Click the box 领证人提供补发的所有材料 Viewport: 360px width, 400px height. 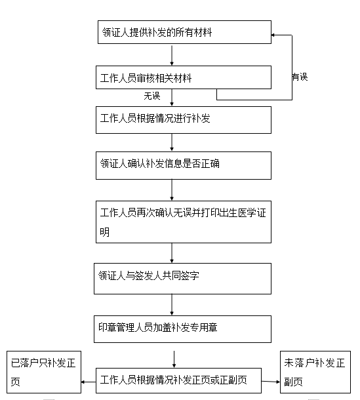[184, 32]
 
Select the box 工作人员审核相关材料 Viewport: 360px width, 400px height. [184, 77]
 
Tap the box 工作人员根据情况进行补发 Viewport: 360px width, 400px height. [184, 120]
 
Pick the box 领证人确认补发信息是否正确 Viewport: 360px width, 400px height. [184, 165]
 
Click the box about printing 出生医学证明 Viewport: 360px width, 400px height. [184, 222]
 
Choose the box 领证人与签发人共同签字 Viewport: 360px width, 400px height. [182, 279]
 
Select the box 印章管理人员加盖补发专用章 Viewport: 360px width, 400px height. [182, 329]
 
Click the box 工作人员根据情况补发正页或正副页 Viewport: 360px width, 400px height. [178, 380]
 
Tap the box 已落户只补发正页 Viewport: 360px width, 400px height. [44, 372]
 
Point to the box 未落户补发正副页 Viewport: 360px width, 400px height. [315, 372]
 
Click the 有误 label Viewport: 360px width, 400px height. [300, 77]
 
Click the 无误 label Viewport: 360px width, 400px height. [152, 96]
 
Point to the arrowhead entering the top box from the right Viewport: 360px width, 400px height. [273, 35]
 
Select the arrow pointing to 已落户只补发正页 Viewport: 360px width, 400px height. [89, 382]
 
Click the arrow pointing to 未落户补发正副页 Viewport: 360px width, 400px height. [271, 382]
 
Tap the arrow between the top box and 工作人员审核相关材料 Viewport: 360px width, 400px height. [172, 55]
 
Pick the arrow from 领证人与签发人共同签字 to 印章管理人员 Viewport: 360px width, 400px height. [172, 305]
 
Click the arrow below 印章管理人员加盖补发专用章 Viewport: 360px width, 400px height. [174, 359]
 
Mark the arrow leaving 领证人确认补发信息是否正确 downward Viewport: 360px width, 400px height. [172, 190]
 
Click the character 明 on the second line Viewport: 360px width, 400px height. [105, 232]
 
